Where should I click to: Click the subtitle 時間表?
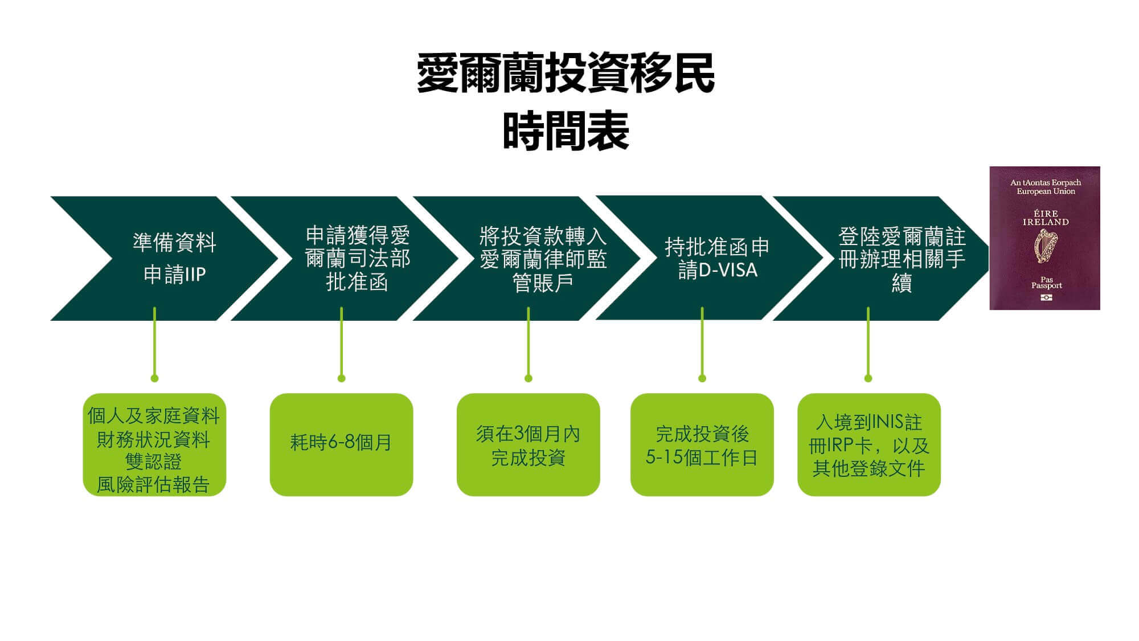566,132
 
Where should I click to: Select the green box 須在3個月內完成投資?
528,445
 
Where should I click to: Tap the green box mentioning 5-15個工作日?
702,445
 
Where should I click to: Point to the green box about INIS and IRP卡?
868,445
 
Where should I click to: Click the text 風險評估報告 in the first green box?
154,484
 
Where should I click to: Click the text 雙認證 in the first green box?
154,462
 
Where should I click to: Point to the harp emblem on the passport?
1045,247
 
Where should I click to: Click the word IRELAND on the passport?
1045,222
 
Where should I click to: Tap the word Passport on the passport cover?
1046,285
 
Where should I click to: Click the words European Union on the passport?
1046,191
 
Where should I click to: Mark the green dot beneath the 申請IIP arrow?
154,378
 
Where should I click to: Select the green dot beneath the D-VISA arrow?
702,378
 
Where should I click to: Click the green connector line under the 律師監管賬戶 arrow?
528,342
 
